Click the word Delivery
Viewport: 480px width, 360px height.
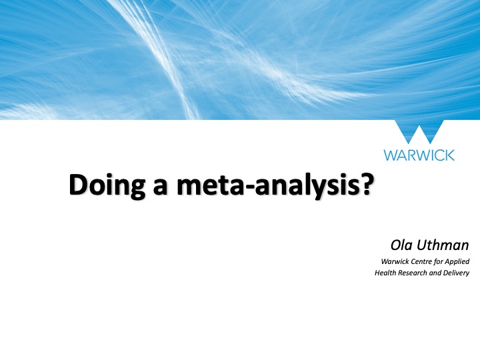pyautogui.click(x=459, y=273)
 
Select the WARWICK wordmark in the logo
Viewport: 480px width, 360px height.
pyautogui.click(x=419, y=155)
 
